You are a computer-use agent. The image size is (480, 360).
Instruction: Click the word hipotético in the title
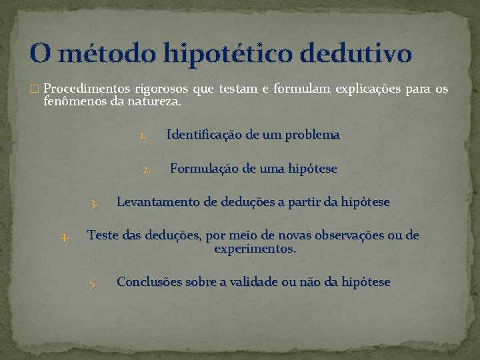(x=235, y=53)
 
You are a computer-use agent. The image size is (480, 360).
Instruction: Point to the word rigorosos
(x=161, y=89)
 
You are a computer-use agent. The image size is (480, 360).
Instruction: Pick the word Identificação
(x=203, y=135)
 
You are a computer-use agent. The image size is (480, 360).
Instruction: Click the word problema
(x=313, y=135)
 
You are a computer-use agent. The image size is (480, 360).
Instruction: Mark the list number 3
(x=95, y=203)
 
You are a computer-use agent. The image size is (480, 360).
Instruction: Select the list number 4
(x=65, y=237)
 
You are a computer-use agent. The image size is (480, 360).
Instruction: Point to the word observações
(x=347, y=235)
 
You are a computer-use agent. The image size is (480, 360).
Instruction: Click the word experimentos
(x=255, y=249)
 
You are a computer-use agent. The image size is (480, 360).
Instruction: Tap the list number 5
(x=94, y=283)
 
